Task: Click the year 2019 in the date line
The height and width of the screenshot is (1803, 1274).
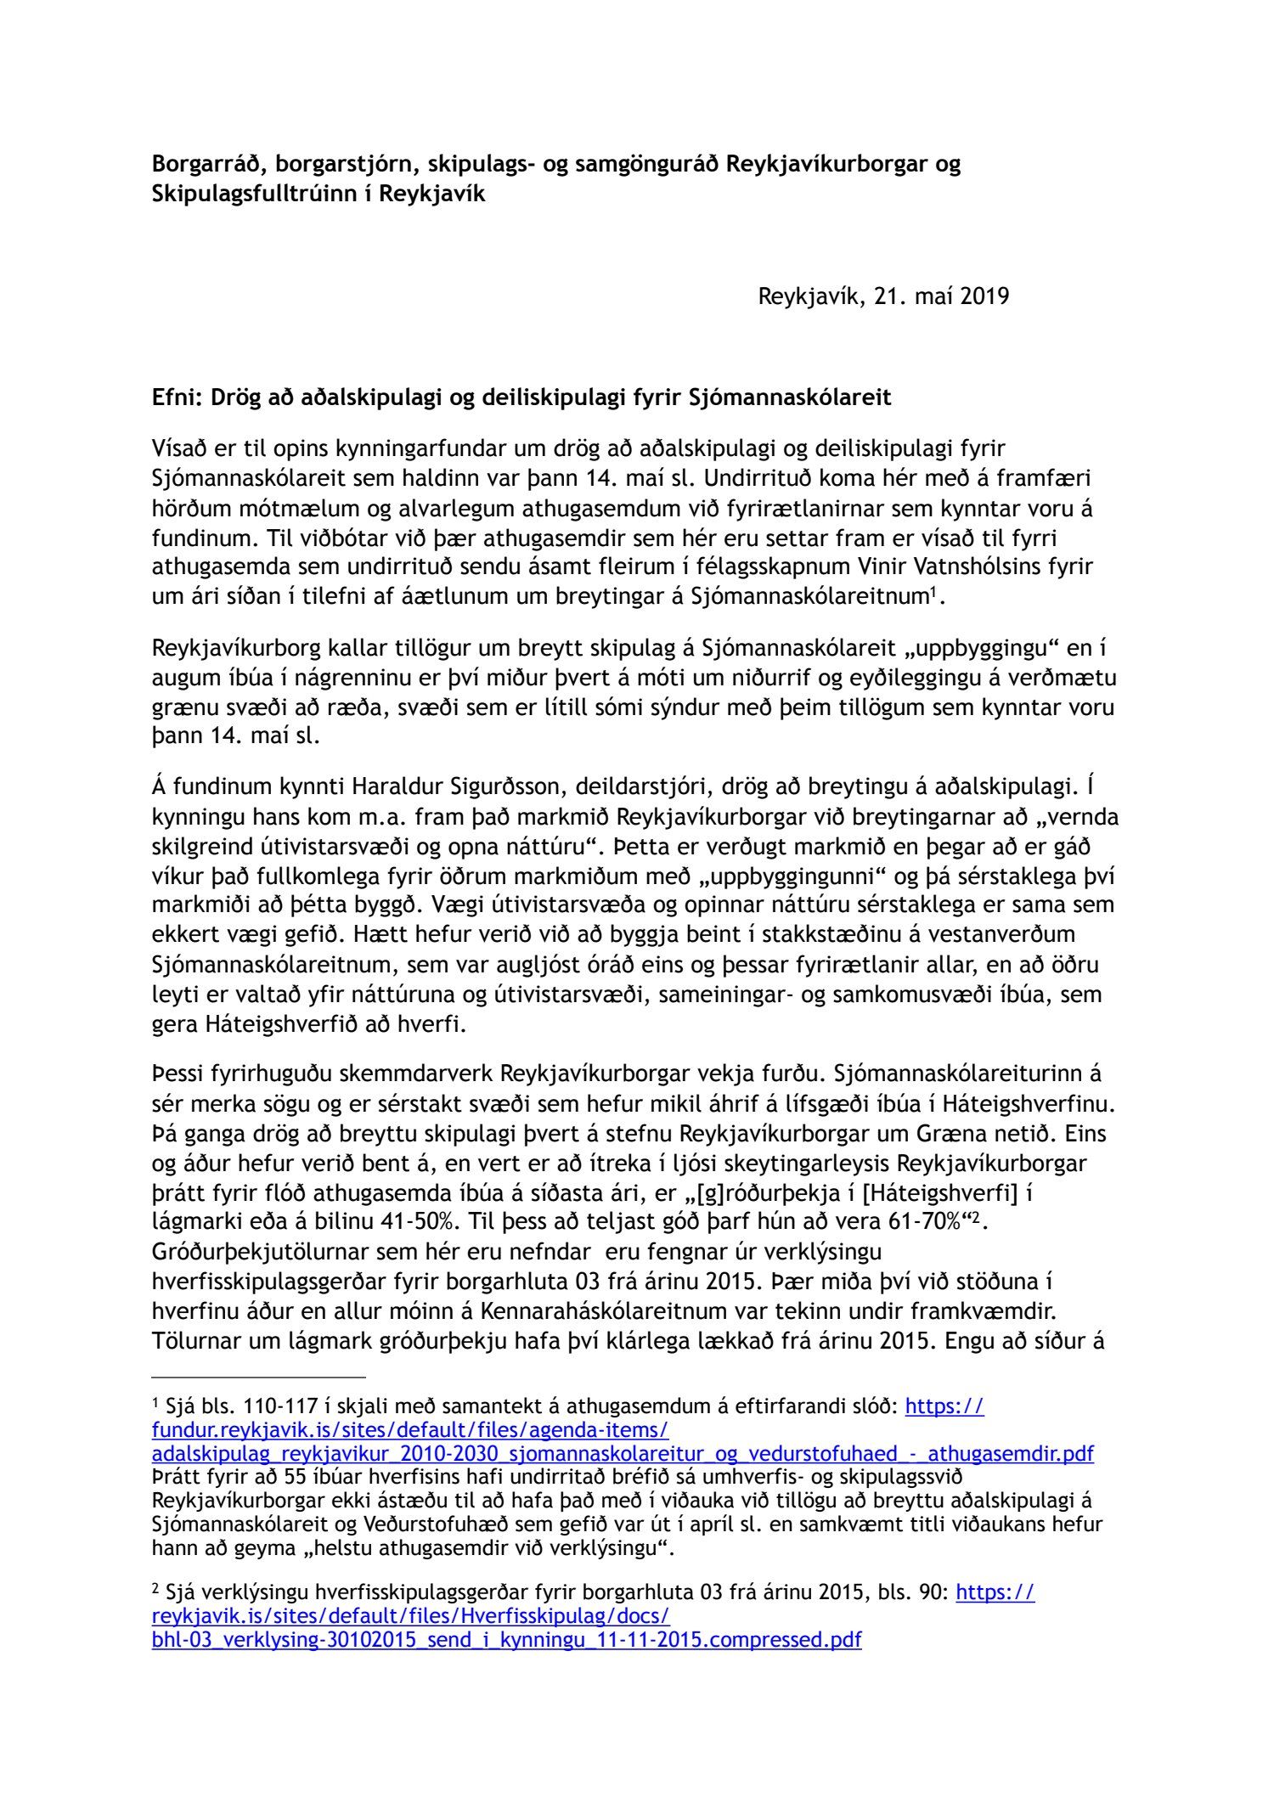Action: tap(984, 297)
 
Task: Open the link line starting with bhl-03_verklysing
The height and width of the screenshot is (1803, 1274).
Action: tap(506, 1639)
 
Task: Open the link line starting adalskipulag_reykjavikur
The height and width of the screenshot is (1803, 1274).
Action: tap(623, 1454)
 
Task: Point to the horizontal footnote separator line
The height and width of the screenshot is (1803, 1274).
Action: tap(258, 1377)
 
